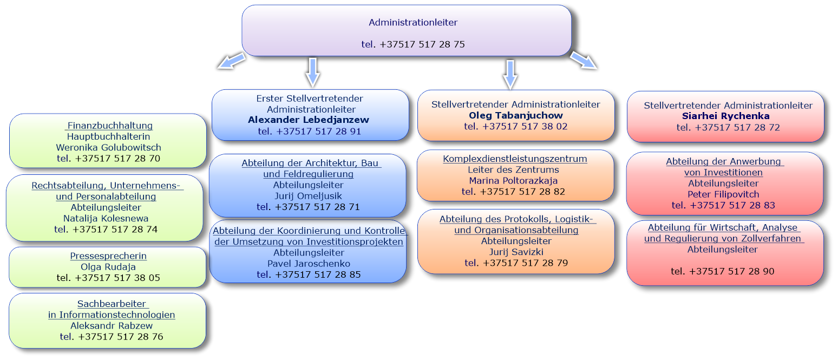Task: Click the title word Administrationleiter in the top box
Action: click(x=413, y=22)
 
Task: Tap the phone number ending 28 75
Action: click(x=413, y=44)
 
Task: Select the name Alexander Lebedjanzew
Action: click(x=308, y=120)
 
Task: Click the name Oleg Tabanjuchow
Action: click(x=515, y=115)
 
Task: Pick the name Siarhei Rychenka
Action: click(x=726, y=116)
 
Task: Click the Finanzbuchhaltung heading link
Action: click(x=109, y=126)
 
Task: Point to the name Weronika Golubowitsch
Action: click(x=108, y=147)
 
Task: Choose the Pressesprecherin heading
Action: click(x=108, y=256)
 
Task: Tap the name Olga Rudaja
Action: click(x=108, y=267)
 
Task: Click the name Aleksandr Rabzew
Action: click(x=112, y=325)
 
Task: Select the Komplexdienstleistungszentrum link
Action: click(x=515, y=159)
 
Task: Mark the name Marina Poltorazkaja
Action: click(x=513, y=181)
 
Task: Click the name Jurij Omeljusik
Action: click(x=308, y=196)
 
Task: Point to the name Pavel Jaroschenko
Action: click(x=309, y=264)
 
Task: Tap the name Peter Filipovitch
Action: click(x=723, y=194)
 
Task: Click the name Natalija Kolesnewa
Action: click(x=106, y=219)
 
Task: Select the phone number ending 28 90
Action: click(x=722, y=271)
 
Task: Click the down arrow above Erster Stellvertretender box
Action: click(x=313, y=73)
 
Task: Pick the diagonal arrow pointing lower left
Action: click(x=232, y=61)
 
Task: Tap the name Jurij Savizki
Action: click(x=516, y=252)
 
